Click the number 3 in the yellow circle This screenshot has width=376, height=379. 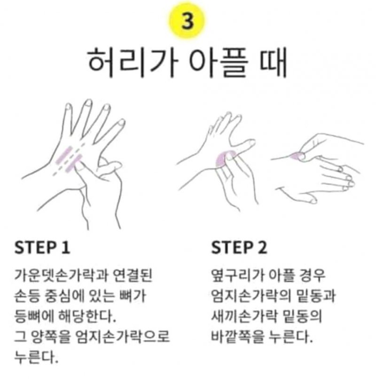[x=187, y=21]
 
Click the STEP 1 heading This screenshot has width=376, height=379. [x=42, y=247]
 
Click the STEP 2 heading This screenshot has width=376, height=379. [x=239, y=247]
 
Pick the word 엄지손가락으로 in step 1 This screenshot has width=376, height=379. [x=123, y=337]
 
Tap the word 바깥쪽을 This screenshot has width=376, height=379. [x=237, y=337]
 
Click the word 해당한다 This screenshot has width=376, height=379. [x=87, y=316]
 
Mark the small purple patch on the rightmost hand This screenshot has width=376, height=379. [x=296, y=156]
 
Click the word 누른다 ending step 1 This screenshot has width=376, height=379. [x=36, y=357]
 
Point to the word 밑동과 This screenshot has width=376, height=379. [x=312, y=296]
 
